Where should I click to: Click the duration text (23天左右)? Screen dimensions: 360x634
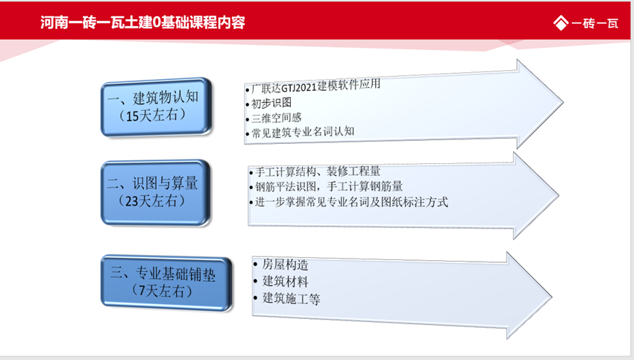pyautogui.click(x=152, y=200)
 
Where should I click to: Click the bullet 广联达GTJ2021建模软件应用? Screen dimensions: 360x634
pyautogui.click(x=316, y=86)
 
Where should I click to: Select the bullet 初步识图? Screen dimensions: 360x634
pyautogui.click(x=270, y=103)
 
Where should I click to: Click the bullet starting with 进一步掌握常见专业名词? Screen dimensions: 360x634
pyautogui.click(x=351, y=202)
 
